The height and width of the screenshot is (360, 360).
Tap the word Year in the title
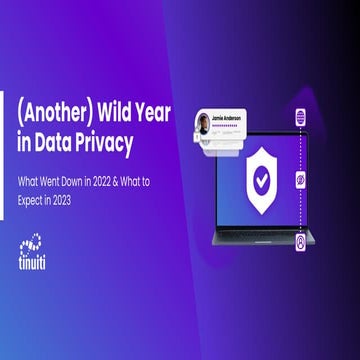(164, 114)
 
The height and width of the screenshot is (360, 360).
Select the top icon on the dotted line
(299, 118)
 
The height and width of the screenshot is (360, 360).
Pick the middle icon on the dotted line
(299, 184)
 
